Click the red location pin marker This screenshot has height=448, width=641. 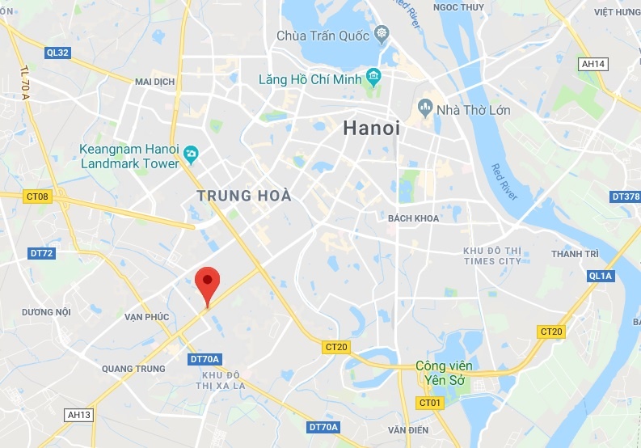point(209,282)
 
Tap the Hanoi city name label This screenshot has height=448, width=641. point(371,128)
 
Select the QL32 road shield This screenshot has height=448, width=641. point(58,53)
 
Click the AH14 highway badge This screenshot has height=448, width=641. point(593,63)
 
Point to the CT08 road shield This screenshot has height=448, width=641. point(37,196)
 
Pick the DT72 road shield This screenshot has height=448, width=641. point(41,253)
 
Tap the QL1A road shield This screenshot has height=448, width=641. point(601,277)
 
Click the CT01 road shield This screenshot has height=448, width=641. point(429,402)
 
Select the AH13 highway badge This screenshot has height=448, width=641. point(80,415)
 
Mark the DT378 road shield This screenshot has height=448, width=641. point(625,197)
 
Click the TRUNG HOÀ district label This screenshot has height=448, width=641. point(243,196)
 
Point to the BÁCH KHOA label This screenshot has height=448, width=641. point(412,218)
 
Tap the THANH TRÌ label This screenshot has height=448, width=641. point(574,254)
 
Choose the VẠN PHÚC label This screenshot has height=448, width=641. point(146,317)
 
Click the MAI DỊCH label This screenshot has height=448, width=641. point(154,82)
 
